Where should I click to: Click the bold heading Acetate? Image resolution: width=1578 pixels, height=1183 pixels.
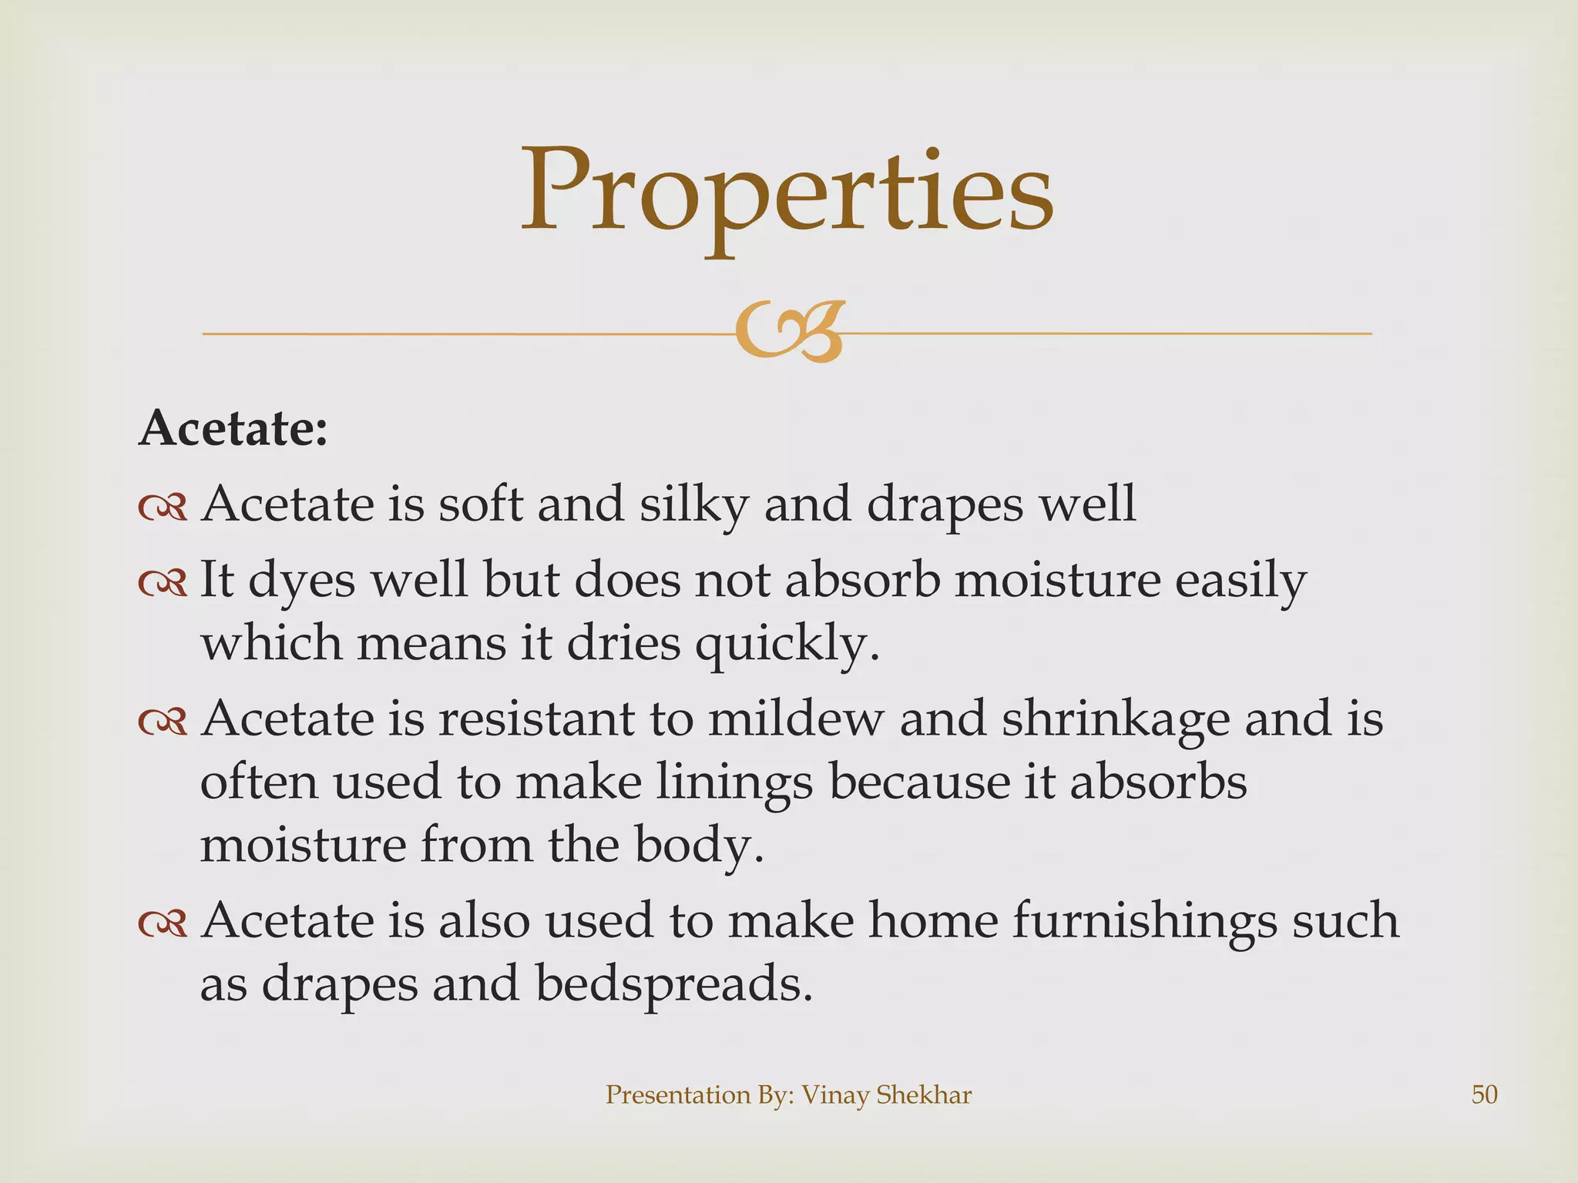[233, 428]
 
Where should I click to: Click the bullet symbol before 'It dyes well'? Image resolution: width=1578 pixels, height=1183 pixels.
[163, 582]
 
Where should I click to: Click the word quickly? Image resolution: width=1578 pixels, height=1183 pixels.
[786, 644]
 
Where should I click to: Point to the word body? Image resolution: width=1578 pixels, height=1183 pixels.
[698, 846]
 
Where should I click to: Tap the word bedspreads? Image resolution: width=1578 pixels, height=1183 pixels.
[673, 984]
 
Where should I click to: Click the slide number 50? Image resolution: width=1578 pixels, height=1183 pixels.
[1484, 1094]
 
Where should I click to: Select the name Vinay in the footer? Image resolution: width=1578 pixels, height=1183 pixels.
[833, 1094]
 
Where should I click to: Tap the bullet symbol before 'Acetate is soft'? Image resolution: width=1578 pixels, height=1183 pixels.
[163, 507]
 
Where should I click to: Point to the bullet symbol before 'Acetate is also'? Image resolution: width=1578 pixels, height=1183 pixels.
[163, 923]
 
